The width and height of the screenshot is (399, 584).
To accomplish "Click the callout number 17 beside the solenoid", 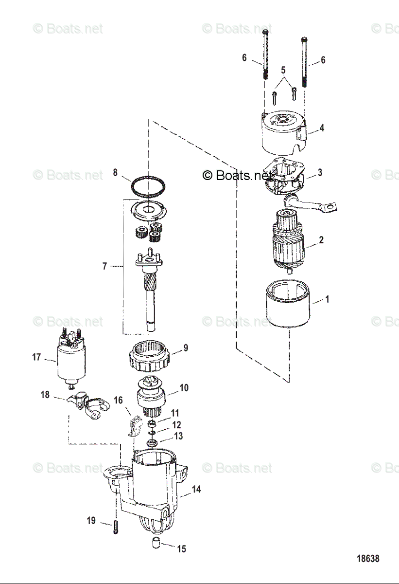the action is pyautogui.click(x=36, y=357).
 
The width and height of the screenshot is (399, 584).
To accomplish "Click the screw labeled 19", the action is pyautogui.click(x=116, y=527).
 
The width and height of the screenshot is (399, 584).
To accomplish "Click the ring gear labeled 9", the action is pyautogui.click(x=149, y=358).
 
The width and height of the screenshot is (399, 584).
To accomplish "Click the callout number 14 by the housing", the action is pyautogui.click(x=196, y=489).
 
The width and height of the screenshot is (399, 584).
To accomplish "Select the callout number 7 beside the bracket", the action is pyautogui.click(x=104, y=266).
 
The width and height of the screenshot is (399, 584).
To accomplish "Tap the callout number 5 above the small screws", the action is pyautogui.click(x=283, y=70).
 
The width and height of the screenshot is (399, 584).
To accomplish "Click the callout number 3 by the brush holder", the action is pyautogui.click(x=320, y=173).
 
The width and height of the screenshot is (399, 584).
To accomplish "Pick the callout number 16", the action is pyautogui.click(x=118, y=400).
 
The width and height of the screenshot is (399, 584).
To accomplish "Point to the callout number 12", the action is pyautogui.click(x=176, y=425).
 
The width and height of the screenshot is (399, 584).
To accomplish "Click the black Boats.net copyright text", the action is pyautogui.click(x=237, y=175).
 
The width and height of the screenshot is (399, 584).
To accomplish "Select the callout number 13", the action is pyautogui.click(x=179, y=436).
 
